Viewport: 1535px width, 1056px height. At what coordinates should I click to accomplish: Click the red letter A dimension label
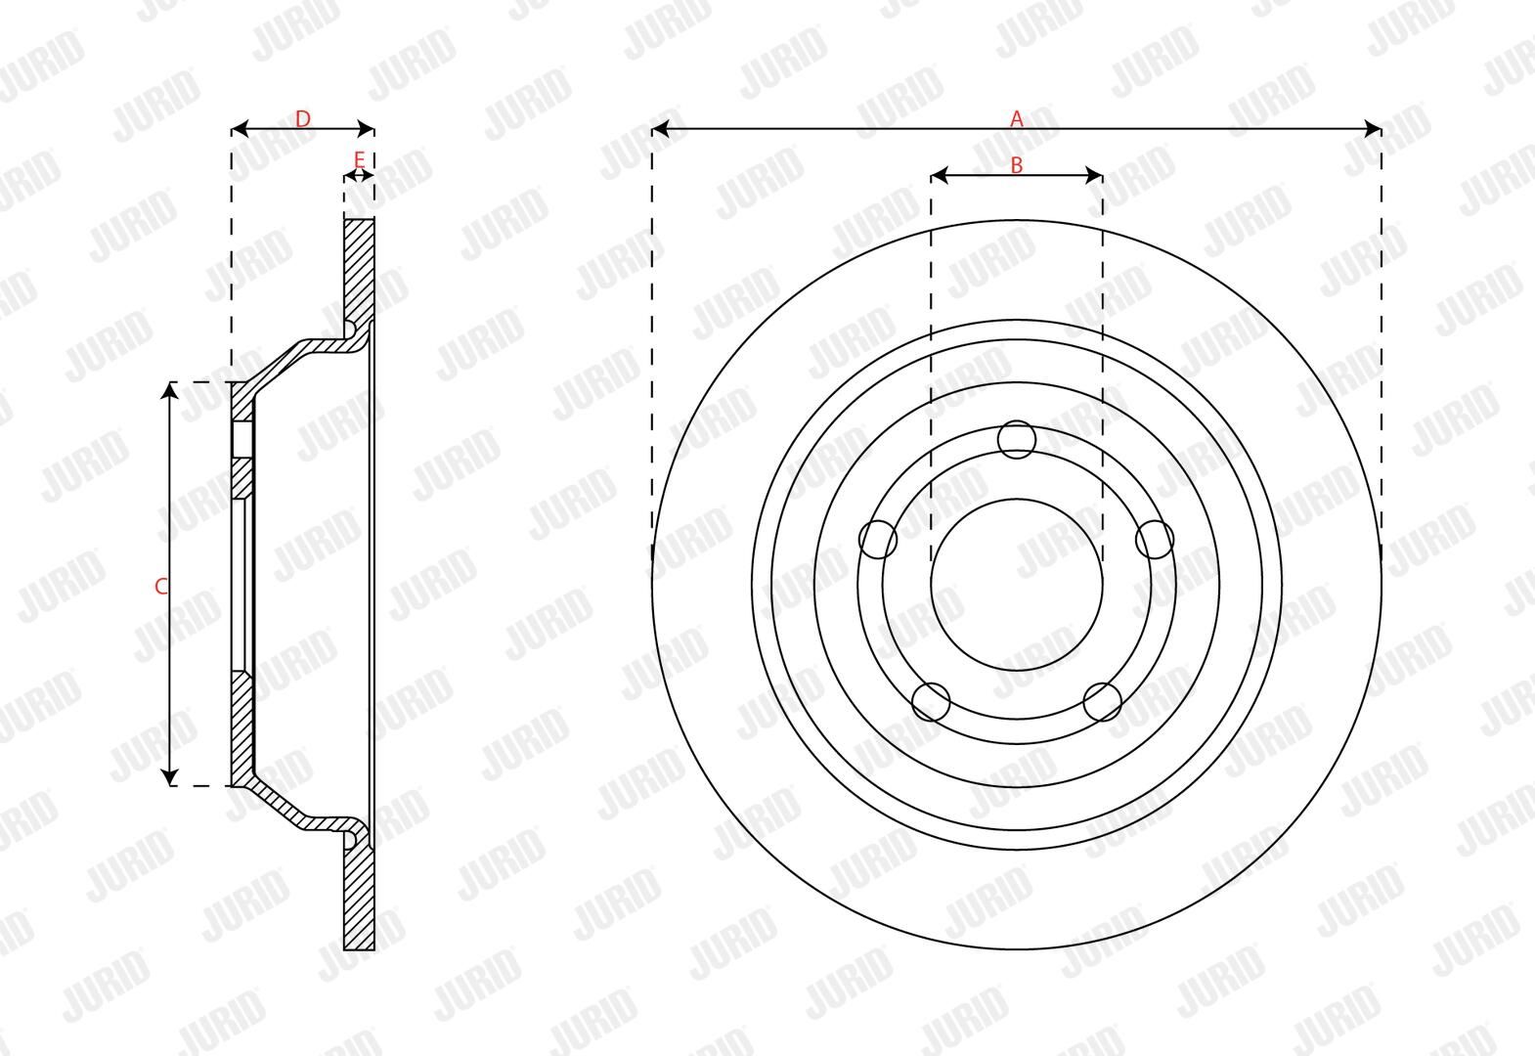tap(1016, 118)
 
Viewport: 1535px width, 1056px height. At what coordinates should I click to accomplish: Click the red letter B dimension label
tap(1016, 165)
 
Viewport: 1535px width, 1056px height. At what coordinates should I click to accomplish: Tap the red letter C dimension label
tap(161, 586)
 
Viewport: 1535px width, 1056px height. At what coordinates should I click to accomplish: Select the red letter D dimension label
tap(303, 118)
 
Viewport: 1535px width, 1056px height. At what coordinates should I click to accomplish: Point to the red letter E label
tap(359, 159)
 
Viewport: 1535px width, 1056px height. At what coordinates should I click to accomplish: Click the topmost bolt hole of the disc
tap(1016, 439)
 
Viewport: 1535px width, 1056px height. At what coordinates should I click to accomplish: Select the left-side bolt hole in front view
tap(878, 540)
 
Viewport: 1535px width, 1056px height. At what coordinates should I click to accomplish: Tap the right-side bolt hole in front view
tap(1155, 540)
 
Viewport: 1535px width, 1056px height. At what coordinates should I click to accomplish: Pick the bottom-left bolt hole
tap(932, 702)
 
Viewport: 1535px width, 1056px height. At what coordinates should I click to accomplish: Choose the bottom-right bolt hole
tap(1103, 702)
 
